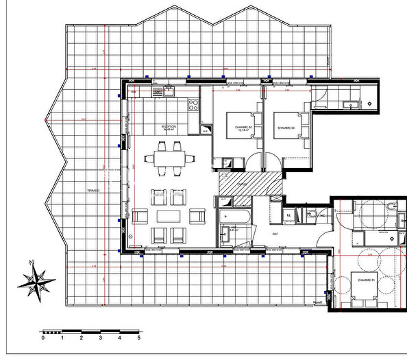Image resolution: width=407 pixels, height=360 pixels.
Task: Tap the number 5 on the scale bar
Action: click(x=139, y=337)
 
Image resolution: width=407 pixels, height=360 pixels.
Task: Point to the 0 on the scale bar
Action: click(x=42, y=337)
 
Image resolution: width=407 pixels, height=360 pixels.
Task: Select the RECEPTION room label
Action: click(x=169, y=128)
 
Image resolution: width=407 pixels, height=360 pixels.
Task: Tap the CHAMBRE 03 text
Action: click(x=286, y=128)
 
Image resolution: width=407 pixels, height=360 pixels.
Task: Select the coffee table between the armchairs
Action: click(x=169, y=216)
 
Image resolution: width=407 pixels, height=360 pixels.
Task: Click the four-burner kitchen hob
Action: click(x=193, y=106)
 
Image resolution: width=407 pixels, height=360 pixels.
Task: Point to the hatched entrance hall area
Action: click(x=250, y=182)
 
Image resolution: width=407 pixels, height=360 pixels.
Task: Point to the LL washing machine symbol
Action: click(x=288, y=215)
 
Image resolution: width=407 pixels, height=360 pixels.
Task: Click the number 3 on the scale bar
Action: click(x=101, y=337)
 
